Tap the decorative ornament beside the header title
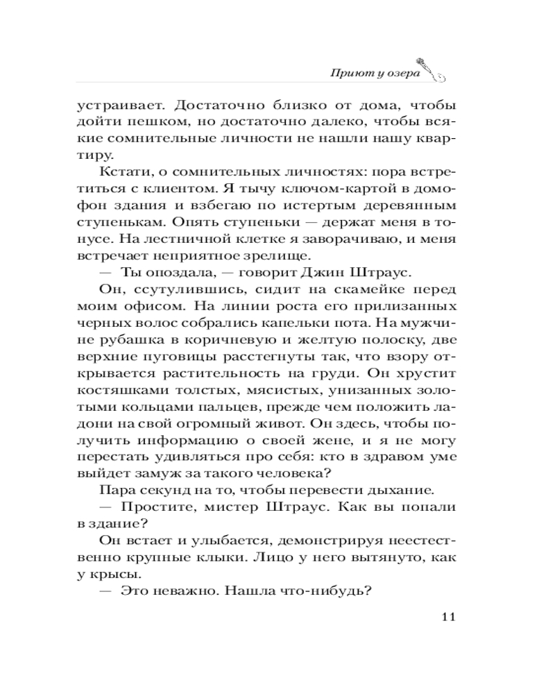click(x=433, y=67)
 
